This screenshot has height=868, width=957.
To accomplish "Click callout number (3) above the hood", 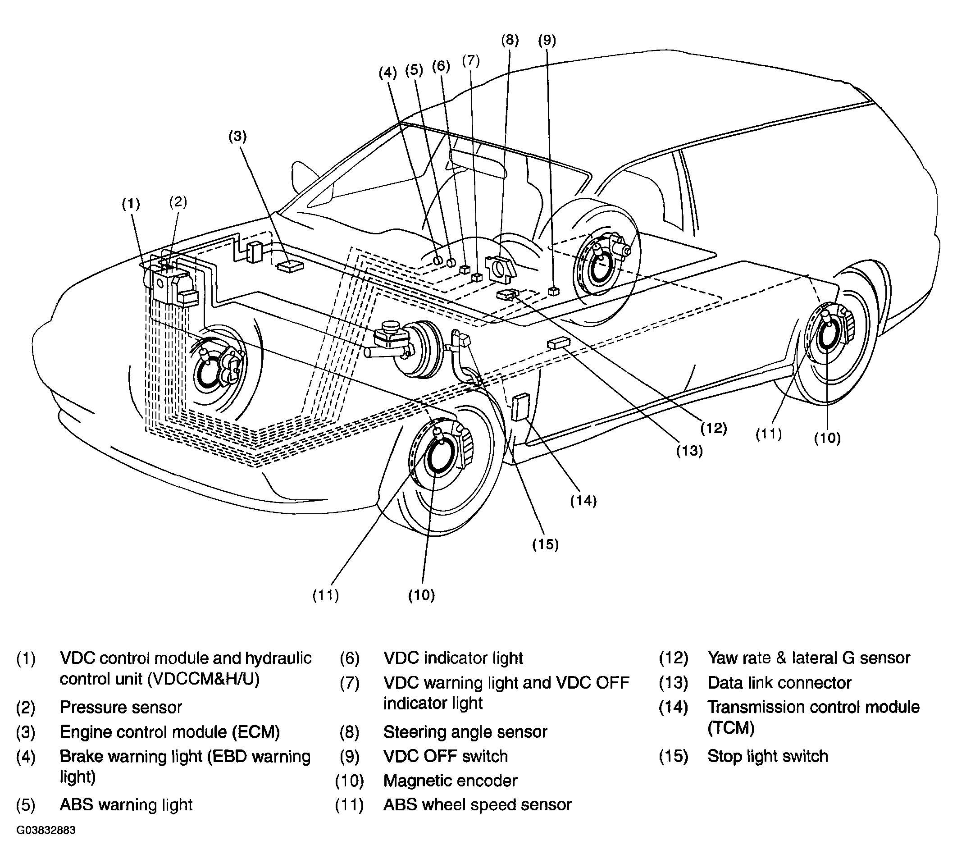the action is pyautogui.click(x=237, y=137).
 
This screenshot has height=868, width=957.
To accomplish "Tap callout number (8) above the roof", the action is pyautogui.click(x=510, y=40).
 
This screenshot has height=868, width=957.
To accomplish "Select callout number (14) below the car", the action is pyautogui.click(x=583, y=501).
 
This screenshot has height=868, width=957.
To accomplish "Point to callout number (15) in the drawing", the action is pyautogui.click(x=545, y=544).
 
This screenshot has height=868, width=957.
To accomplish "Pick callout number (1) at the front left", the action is pyautogui.click(x=131, y=204).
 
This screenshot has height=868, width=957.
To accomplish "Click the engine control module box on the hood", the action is pyautogui.click(x=290, y=266).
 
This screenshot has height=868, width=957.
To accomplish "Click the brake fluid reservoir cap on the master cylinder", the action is pyautogui.click(x=390, y=327).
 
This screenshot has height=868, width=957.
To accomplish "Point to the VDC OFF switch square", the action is pyautogui.click(x=552, y=291).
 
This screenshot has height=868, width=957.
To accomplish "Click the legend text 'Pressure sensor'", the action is pyautogui.click(x=121, y=708).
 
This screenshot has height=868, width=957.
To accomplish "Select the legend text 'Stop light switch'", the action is pyautogui.click(x=768, y=756).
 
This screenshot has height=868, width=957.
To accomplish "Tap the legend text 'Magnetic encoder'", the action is pyautogui.click(x=450, y=781).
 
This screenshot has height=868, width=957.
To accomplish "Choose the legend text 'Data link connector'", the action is pyautogui.click(x=779, y=683).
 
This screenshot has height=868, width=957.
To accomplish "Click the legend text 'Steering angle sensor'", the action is pyautogui.click(x=465, y=732).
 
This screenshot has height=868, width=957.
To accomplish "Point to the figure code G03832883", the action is pyautogui.click(x=46, y=831).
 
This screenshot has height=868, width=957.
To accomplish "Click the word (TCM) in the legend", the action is pyautogui.click(x=731, y=728).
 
